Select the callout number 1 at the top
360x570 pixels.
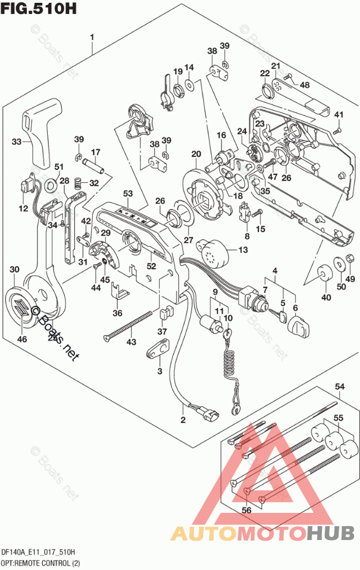point(92,38)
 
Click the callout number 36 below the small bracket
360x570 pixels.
point(118,313)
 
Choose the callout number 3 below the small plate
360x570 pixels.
point(159,370)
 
